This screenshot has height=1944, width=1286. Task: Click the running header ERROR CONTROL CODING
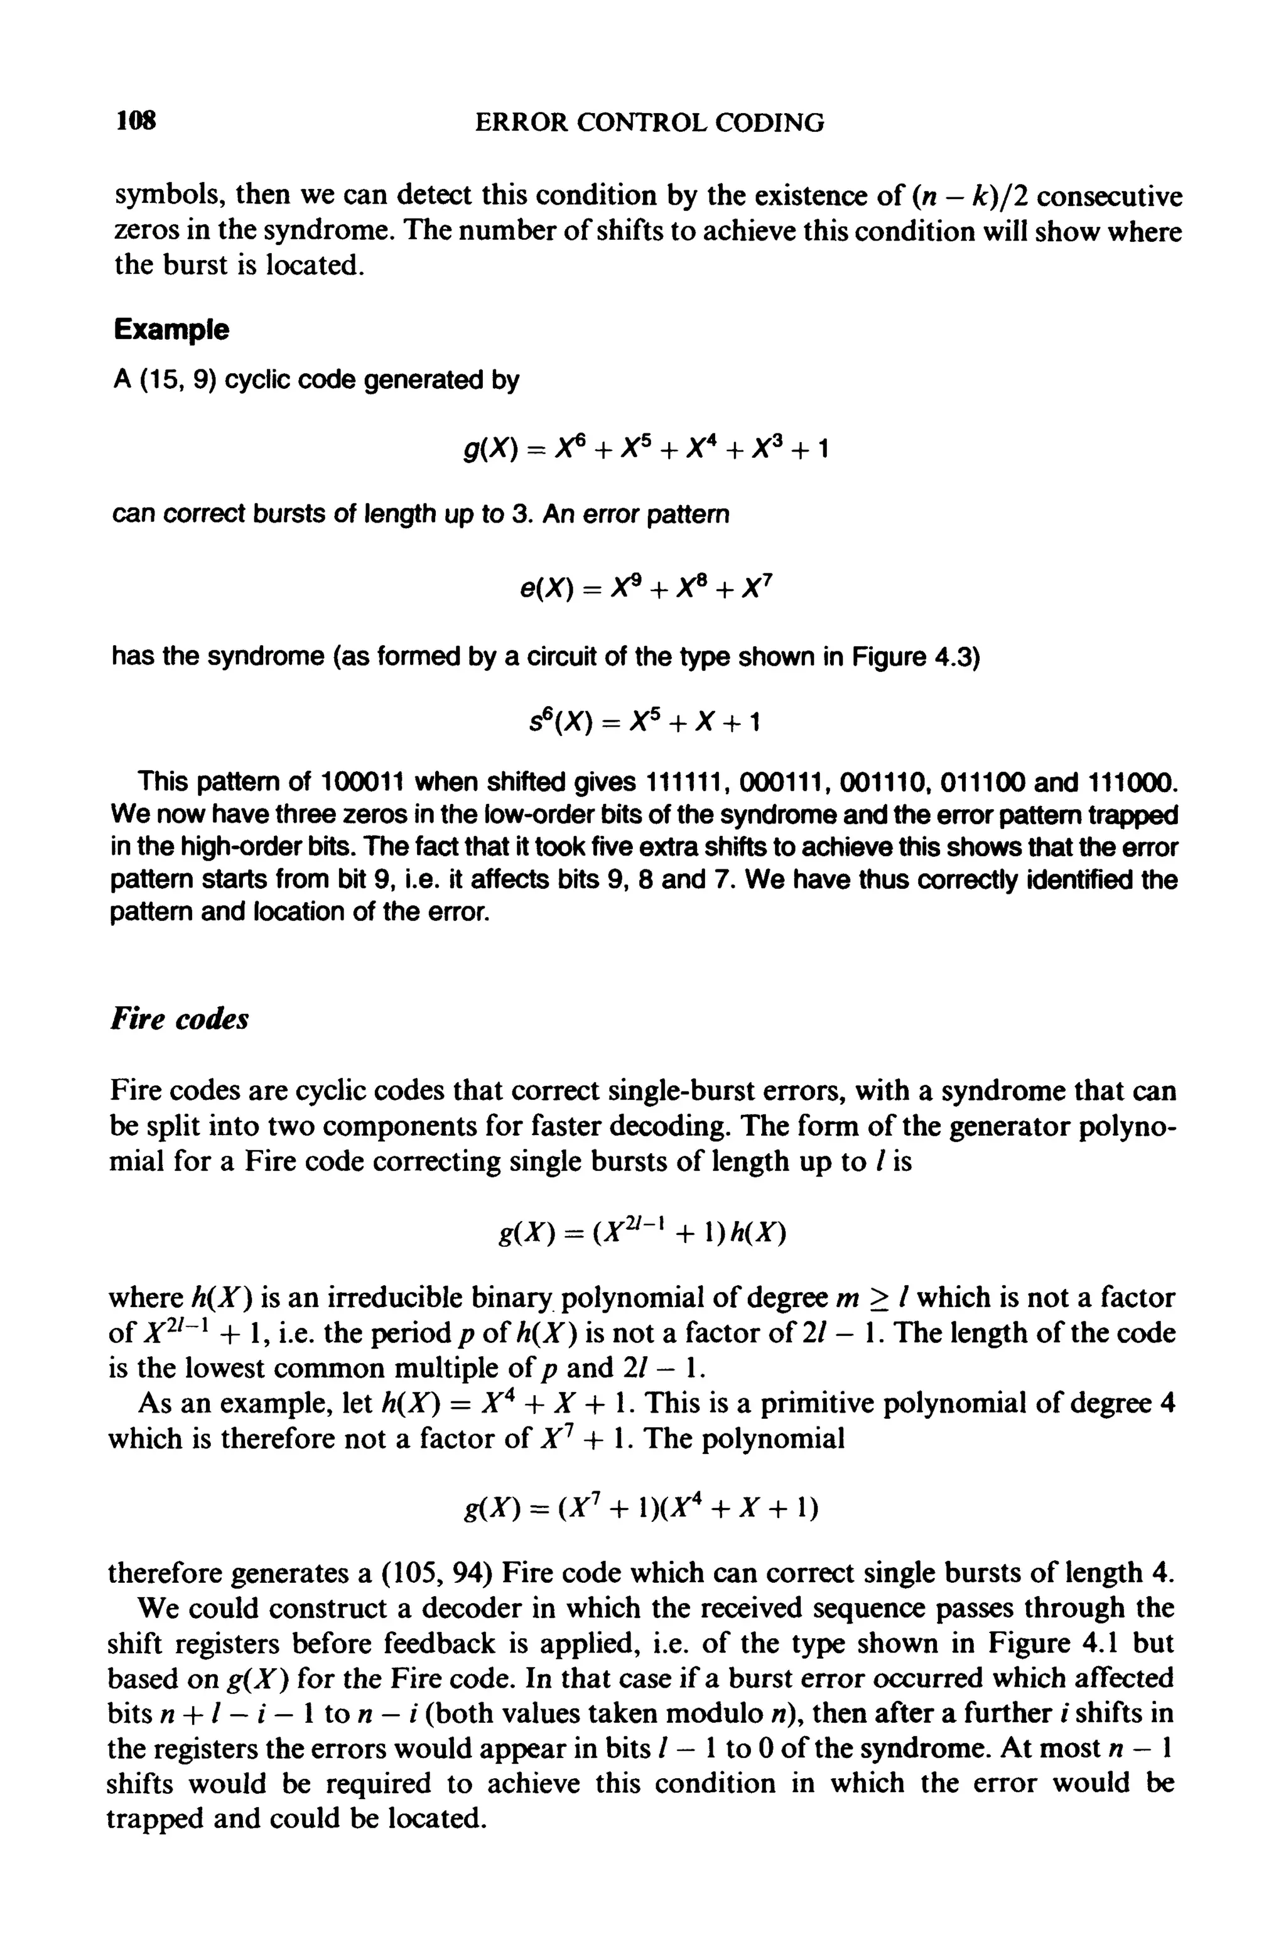point(649,123)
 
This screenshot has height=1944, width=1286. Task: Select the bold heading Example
point(171,330)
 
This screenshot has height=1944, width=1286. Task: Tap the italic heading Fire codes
point(179,1019)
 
